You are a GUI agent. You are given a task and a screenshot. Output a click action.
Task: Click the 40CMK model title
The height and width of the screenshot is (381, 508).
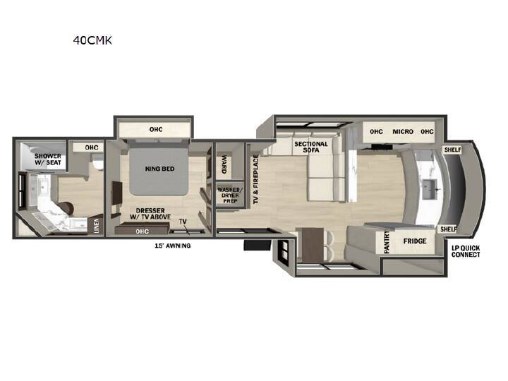click(92, 40)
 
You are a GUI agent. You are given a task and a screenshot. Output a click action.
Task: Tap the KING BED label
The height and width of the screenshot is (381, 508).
click(159, 169)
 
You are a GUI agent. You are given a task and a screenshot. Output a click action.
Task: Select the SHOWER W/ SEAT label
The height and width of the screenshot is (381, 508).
click(48, 159)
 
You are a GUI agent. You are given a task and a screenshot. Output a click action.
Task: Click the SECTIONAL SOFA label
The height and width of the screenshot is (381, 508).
click(311, 147)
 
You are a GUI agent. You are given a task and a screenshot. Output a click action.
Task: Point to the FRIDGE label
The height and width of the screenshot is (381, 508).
click(415, 241)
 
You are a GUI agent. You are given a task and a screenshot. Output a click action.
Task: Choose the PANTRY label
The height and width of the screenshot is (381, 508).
click(387, 242)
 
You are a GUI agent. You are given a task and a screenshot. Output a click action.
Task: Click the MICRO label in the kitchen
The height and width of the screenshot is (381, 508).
click(403, 131)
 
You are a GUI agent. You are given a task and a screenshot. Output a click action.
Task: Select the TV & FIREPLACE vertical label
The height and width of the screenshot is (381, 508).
click(256, 179)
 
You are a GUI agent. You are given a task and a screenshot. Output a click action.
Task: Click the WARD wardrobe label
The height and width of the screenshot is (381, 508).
click(224, 164)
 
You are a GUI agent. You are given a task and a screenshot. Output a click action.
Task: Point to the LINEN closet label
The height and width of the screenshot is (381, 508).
click(97, 226)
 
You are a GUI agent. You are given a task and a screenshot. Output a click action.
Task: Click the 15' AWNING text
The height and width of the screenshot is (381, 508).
click(172, 246)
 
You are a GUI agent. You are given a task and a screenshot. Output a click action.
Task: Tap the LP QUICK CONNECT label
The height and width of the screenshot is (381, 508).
click(466, 251)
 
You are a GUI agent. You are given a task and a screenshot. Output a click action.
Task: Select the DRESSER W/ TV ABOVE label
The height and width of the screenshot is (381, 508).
click(150, 214)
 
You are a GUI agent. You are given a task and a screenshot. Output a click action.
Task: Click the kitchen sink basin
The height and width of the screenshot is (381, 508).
click(430, 189)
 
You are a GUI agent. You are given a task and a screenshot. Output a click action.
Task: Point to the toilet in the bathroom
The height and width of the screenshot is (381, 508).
click(97, 162)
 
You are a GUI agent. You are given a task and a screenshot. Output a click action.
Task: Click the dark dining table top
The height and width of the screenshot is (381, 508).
click(313, 244)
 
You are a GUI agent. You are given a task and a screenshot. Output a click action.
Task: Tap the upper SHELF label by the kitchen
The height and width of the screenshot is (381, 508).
click(452, 150)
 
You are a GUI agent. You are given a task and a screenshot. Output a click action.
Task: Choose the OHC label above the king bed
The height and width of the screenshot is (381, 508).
click(156, 129)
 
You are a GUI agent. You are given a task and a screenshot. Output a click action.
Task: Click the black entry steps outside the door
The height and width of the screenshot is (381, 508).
click(258, 245)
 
